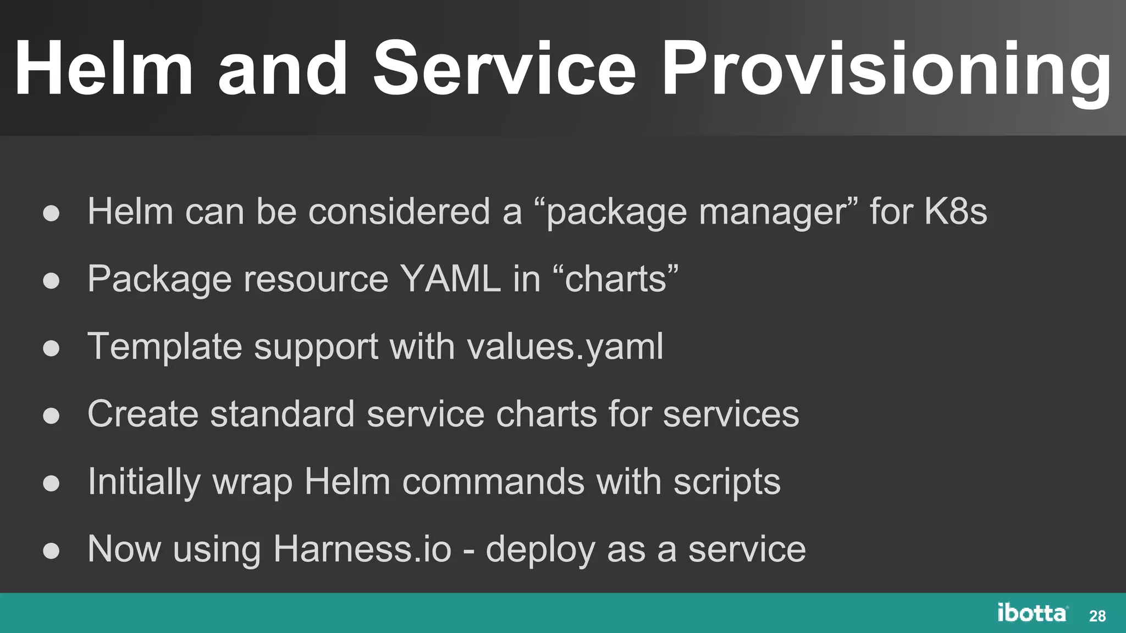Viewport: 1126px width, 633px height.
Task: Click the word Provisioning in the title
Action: pyautogui.click(x=886, y=70)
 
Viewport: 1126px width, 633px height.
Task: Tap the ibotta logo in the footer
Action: pyautogui.click(x=1032, y=613)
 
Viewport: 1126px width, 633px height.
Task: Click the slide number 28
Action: pyautogui.click(x=1097, y=616)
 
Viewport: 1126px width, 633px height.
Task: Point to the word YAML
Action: pyautogui.click(x=450, y=279)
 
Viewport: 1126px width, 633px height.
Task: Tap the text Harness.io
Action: pyautogui.click(x=362, y=549)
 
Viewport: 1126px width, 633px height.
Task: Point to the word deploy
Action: pyautogui.click(x=540, y=550)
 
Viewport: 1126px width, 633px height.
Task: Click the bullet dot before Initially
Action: pyautogui.click(x=51, y=483)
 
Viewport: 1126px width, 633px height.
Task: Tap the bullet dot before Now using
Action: pyautogui.click(x=51, y=551)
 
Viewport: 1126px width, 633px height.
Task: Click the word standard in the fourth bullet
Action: pyautogui.click(x=282, y=414)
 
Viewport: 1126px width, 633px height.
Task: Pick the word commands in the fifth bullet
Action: pyautogui.click(x=493, y=482)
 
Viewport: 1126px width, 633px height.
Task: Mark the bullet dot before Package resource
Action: pyautogui.click(x=51, y=281)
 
